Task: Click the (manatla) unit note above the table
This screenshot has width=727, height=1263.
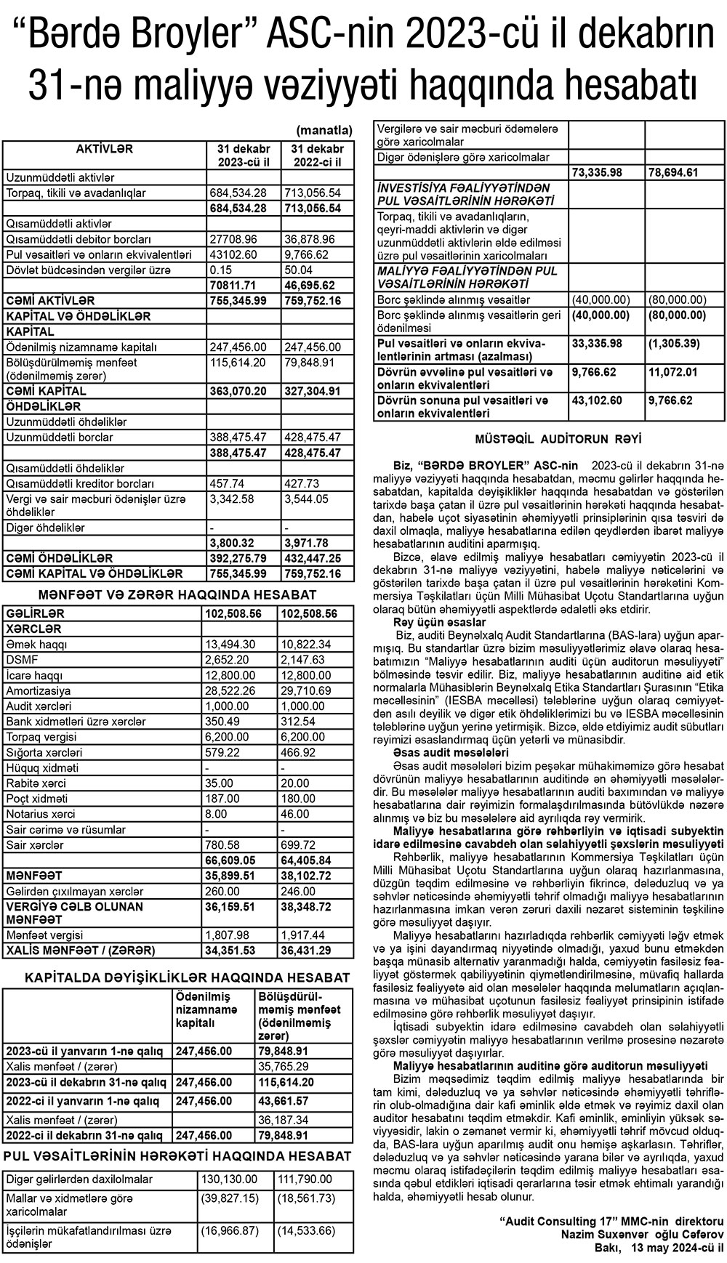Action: [x=324, y=130]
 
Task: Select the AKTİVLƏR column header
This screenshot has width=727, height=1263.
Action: [x=105, y=149]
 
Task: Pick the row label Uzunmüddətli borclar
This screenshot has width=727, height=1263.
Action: [x=60, y=437]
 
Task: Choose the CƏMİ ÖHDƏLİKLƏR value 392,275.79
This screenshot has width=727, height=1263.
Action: [x=238, y=558]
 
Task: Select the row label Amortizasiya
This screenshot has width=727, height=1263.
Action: [x=39, y=690]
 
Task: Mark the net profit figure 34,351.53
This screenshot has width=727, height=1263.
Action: [x=233, y=950]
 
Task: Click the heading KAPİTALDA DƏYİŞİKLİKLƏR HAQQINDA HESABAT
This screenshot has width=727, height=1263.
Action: [x=187, y=978]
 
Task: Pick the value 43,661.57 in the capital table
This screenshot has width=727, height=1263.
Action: [x=289, y=1100]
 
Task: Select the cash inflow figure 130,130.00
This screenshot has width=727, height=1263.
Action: [x=228, y=1179]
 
